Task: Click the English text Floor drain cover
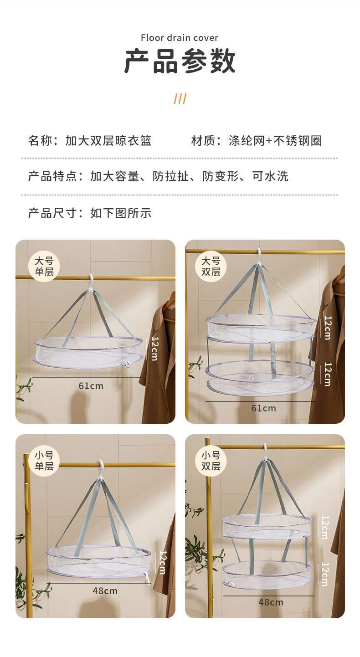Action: [x=180, y=38]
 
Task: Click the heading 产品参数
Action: [x=180, y=62]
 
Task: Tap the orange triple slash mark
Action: [x=180, y=98]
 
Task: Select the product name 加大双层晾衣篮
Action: [x=108, y=141]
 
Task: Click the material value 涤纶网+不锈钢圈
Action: [x=275, y=141]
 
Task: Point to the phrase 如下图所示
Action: [x=121, y=213]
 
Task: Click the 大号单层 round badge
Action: [x=44, y=266]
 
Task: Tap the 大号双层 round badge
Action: [x=211, y=266]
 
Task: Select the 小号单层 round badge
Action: [x=44, y=461]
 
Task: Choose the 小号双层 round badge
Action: [x=211, y=461]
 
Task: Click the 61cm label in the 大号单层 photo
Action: [x=91, y=386]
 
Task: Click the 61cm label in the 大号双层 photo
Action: [x=263, y=408]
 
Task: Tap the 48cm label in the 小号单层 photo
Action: [x=105, y=591]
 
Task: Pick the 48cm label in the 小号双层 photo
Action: [x=271, y=602]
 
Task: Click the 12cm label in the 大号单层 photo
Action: [x=154, y=349]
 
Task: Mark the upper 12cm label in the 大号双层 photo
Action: [x=328, y=328]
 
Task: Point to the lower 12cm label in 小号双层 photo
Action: [x=325, y=574]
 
